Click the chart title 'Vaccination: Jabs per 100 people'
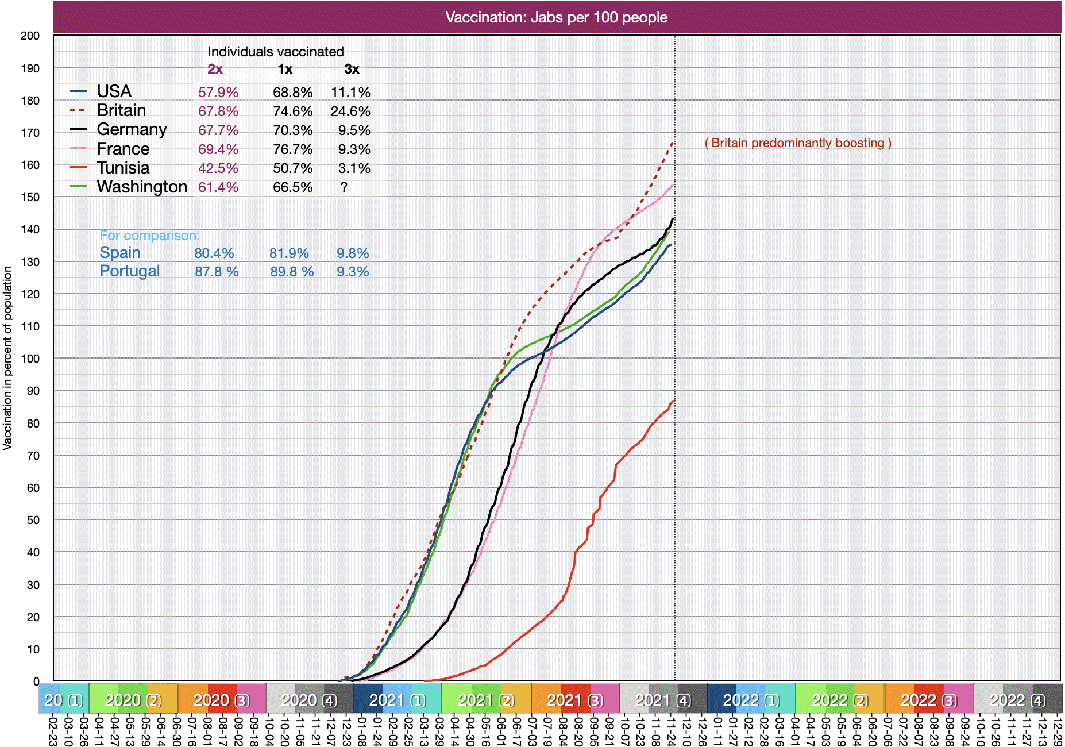click(x=556, y=17)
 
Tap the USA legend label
click(x=114, y=91)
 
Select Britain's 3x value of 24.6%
click(x=350, y=111)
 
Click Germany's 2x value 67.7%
click(x=218, y=130)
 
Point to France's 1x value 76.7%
click(x=292, y=149)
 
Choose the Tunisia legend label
click(x=123, y=168)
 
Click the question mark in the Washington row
click(x=344, y=187)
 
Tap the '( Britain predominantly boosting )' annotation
click(x=798, y=143)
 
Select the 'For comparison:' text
click(x=150, y=236)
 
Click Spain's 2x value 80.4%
click(x=214, y=253)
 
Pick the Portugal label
click(x=130, y=271)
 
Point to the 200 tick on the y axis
click(x=30, y=36)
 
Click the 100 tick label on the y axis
click(x=30, y=359)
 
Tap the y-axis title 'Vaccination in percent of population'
click(x=7, y=357)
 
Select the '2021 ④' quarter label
click(x=663, y=700)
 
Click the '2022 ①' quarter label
click(x=751, y=700)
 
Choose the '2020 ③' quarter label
click(x=221, y=700)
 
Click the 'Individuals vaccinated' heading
click(x=275, y=52)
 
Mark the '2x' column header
click(x=215, y=70)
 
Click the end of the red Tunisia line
click(x=673, y=401)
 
